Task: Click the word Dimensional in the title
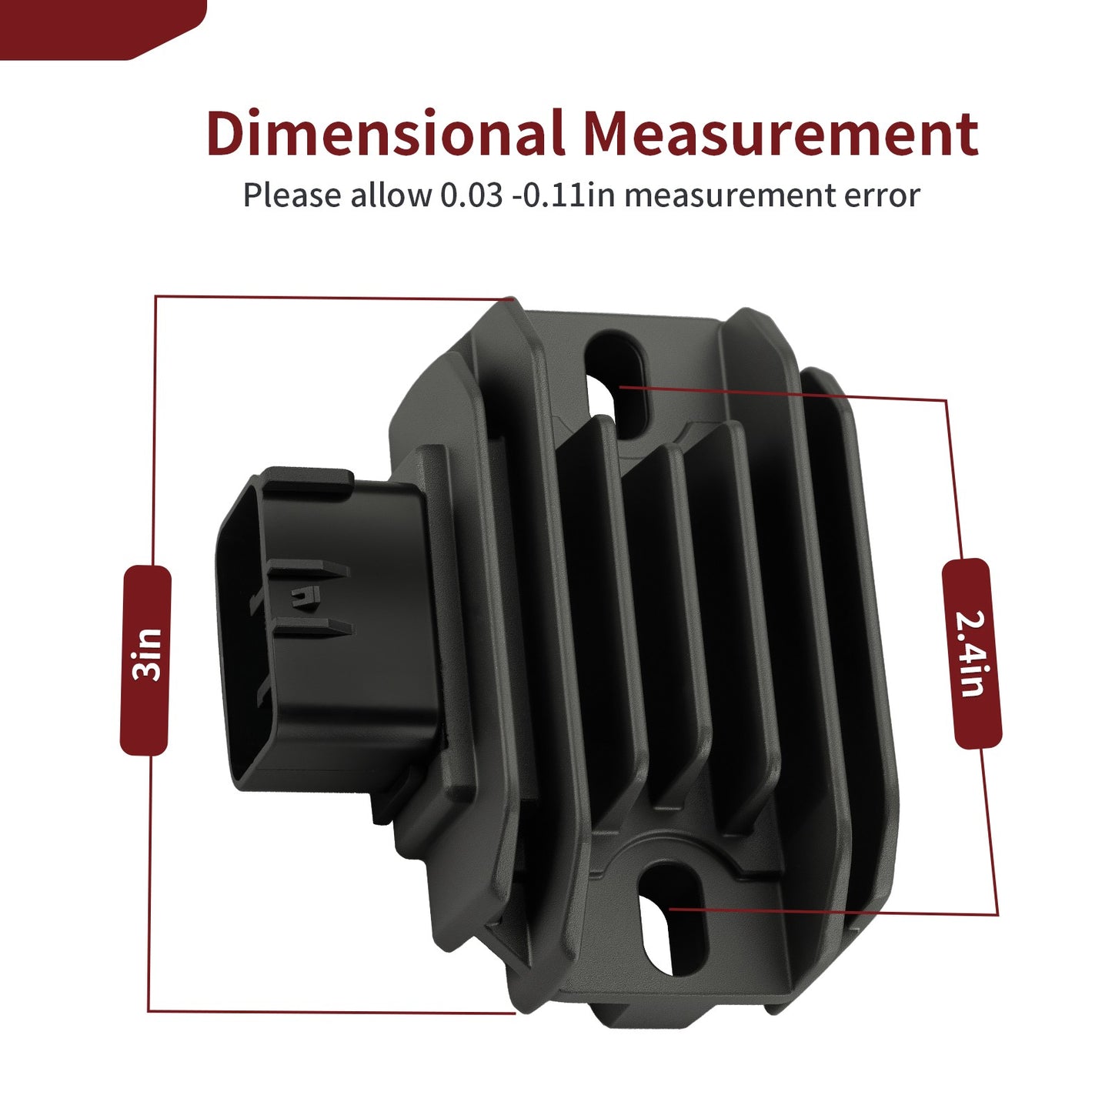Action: pos(385,132)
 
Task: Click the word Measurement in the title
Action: pos(780,132)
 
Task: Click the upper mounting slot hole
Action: pos(617,381)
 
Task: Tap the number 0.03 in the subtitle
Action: pos(471,195)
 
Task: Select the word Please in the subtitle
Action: pos(292,195)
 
